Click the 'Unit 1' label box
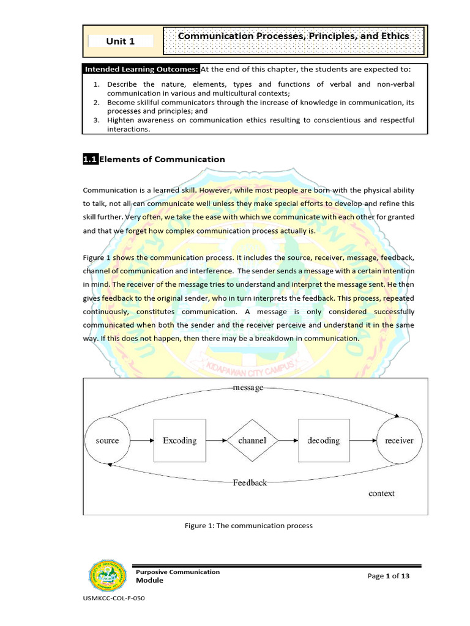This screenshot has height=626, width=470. point(121,41)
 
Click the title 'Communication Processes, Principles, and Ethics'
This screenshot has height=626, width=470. point(293,37)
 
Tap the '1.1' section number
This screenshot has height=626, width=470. point(90,159)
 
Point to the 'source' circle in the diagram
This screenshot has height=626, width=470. point(108,440)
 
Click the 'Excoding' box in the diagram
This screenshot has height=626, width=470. point(179,440)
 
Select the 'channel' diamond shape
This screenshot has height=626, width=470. point(252,440)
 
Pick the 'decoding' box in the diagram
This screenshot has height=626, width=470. point(323,440)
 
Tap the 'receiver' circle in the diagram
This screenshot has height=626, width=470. point(398,440)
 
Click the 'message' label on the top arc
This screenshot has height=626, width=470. point(248,388)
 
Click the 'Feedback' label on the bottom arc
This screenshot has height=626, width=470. point(250,482)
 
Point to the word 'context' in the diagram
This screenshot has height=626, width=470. point(381,493)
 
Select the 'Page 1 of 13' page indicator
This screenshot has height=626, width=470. point(389,576)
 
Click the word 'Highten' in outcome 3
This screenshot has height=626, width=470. point(122,120)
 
